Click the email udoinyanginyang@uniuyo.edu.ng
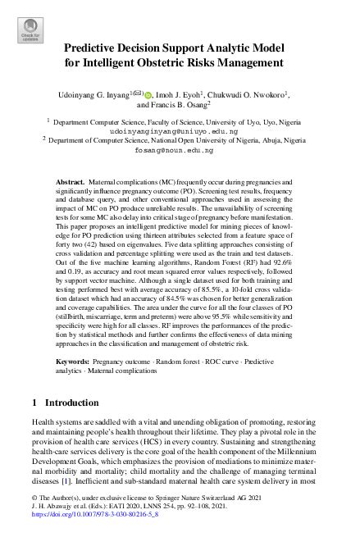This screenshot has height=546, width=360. [179, 130]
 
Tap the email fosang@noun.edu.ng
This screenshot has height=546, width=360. [179, 151]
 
